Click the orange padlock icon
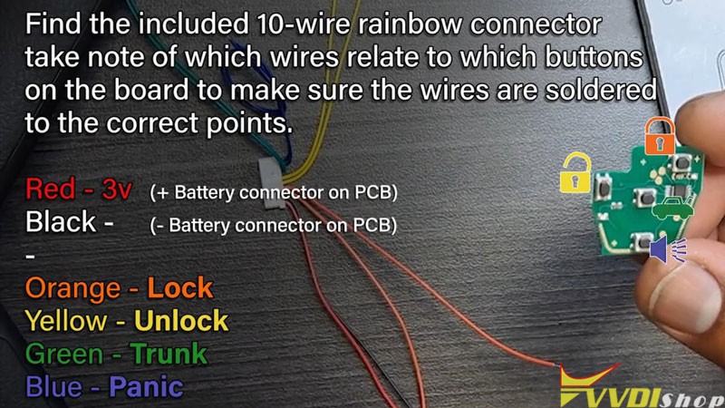660,136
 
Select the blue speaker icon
668,249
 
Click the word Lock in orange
179,288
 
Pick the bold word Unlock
181,321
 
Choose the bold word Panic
146,387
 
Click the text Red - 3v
80,190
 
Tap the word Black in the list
62,222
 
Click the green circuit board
638,195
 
